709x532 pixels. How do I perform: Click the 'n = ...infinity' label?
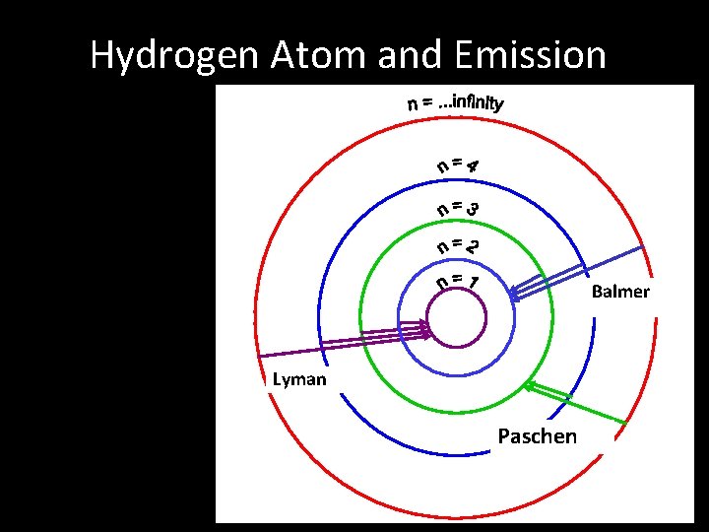tap(455, 102)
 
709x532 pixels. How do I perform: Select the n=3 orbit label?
tap(460, 208)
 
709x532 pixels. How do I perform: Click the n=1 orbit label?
tap(459, 283)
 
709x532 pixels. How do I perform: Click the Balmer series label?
tap(620, 292)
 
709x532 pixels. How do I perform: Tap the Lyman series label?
tap(299, 379)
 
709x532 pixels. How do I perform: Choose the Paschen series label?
tap(538, 436)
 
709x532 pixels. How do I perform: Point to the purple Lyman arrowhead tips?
tap(426, 327)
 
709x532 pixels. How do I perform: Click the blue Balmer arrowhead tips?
tap(516, 289)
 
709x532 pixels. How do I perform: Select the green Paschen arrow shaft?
tap(581, 405)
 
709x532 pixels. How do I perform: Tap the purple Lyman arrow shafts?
tap(335, 343)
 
